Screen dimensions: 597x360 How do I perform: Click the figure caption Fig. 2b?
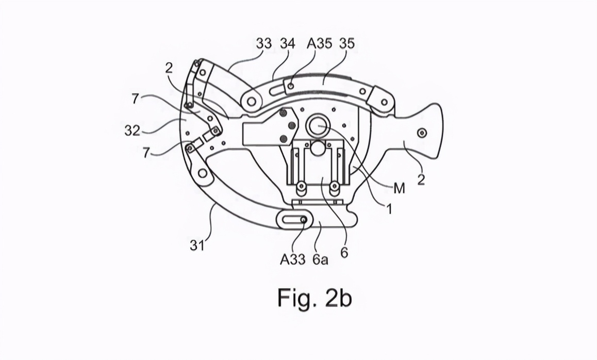point(314,298)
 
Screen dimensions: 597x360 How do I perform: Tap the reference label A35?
point(320,43)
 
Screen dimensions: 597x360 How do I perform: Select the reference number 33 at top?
point(264,43)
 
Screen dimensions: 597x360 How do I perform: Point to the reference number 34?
point(288,43)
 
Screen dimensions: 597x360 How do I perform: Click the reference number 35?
point(347,43)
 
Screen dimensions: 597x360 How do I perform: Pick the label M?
point(400,188)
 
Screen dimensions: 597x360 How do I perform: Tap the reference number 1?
point(389,209)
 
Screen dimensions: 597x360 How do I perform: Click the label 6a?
point(320,259)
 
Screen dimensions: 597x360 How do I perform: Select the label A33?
point(292,259)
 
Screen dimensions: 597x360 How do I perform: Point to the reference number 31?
point(197,246)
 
